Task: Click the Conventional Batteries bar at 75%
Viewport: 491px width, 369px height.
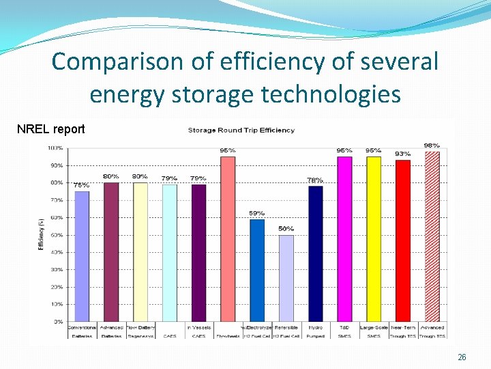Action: coord(82,256)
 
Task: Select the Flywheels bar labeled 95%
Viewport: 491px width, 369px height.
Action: coord(228,239)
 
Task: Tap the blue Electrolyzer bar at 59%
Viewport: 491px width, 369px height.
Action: coord(257,270)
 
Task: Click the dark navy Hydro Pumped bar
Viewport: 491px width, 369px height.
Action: coord(316,254)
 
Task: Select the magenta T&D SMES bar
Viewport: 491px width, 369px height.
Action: coord(344,239)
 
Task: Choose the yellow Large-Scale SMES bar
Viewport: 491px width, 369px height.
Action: coord(374,239)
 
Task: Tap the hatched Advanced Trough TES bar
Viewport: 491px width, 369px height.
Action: coord(432,236)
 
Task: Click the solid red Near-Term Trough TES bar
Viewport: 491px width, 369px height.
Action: coord(403,241)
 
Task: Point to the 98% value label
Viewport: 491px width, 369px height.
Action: coord(432,146)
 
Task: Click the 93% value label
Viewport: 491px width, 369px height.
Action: coord(403,154)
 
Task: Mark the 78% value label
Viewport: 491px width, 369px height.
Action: coord(315,180)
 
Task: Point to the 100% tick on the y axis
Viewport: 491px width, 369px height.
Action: coord(56,148)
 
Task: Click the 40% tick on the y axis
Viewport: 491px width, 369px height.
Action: coord(57,252)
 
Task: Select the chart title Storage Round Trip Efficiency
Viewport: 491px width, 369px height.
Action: coord(241,131)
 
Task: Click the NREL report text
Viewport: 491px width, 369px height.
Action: coord(50,129)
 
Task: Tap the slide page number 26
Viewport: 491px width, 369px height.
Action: coord(462,357)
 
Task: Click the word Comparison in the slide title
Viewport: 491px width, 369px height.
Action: coord(118,61)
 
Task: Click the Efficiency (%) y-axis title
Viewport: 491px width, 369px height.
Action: coord(40,234)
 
